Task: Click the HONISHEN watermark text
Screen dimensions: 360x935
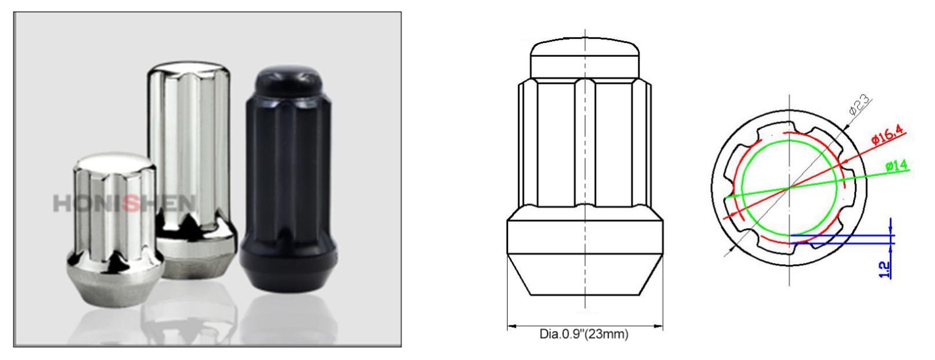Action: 125,203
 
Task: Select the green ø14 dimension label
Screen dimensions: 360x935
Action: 897,166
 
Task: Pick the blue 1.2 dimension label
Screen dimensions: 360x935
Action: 884,269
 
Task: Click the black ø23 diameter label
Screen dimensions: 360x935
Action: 860,106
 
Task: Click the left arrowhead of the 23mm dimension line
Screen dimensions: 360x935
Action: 511,326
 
